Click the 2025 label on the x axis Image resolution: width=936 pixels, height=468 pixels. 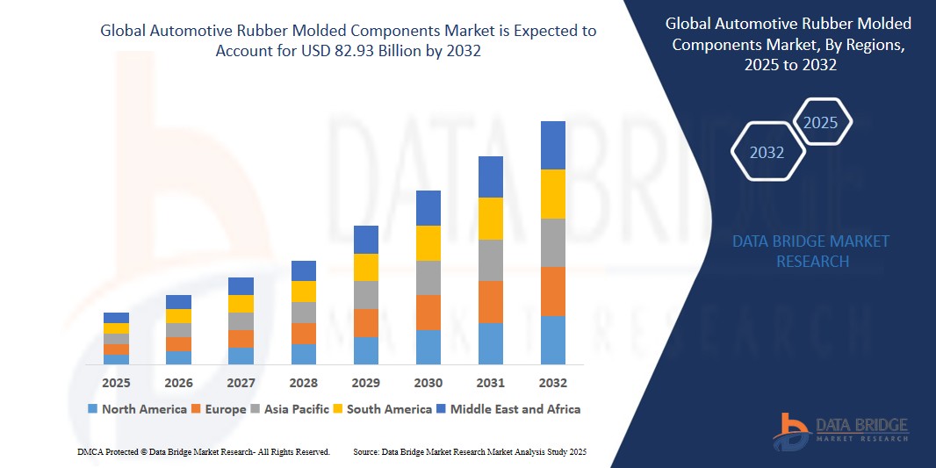tap(116, 383)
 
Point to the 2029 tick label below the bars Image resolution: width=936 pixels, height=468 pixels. tap(365, 383)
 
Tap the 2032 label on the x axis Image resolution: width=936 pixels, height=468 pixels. tap(552, 383)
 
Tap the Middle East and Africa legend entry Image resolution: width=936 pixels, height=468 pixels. tap(515, 409)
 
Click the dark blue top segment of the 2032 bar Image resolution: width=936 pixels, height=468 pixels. tap(552, 145)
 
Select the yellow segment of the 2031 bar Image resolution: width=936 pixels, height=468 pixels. tap(490, 219)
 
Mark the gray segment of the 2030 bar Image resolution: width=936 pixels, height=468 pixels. tap(428, 277)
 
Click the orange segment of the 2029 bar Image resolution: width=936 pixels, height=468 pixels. tap(365, 322)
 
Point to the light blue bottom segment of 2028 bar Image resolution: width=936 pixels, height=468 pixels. tap(303, 354)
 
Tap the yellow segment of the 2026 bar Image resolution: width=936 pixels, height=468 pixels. tap(178, 316)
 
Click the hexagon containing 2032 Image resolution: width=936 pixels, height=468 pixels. tap(767, 153)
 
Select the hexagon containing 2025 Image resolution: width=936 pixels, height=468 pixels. tap(821, 123)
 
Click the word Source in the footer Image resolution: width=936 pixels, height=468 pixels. tap(366, 451)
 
